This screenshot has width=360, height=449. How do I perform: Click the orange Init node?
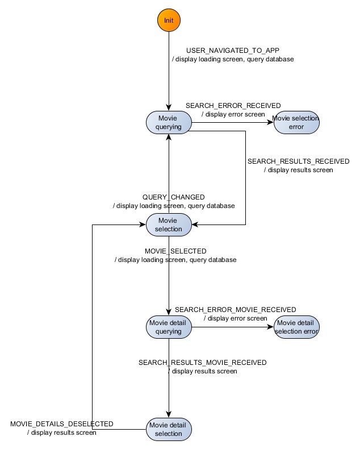click(x=169, y=20)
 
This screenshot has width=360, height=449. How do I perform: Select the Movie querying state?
click(x=169, y=123)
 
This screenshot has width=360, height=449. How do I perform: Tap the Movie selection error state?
click(x=296, y=123)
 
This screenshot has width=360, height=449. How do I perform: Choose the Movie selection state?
click(x=169, y=225)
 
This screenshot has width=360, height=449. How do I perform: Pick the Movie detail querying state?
click(x=169, y=327)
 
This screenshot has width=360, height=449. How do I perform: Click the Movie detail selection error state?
click(x=296, y=327)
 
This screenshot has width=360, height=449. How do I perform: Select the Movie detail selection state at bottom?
click(x=169, y=430)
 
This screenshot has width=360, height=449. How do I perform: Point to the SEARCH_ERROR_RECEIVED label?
click(x=233, y=106)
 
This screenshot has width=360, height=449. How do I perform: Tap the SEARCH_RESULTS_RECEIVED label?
click(x=298, y=161)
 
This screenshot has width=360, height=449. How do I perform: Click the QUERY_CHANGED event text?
click(x=174, y=197)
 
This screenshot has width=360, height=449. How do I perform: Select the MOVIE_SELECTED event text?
click(x=175, y=251)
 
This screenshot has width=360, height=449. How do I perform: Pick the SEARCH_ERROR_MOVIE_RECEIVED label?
click(x=235, y=310)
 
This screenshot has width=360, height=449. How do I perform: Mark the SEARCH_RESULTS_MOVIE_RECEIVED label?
click(x=203, y=362)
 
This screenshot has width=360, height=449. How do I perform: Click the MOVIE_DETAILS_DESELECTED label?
click(x=62, y=424)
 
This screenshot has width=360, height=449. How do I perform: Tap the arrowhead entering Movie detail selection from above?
click(x=169, y=415)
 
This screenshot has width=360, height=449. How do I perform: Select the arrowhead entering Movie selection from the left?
click(x=143, y=225)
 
